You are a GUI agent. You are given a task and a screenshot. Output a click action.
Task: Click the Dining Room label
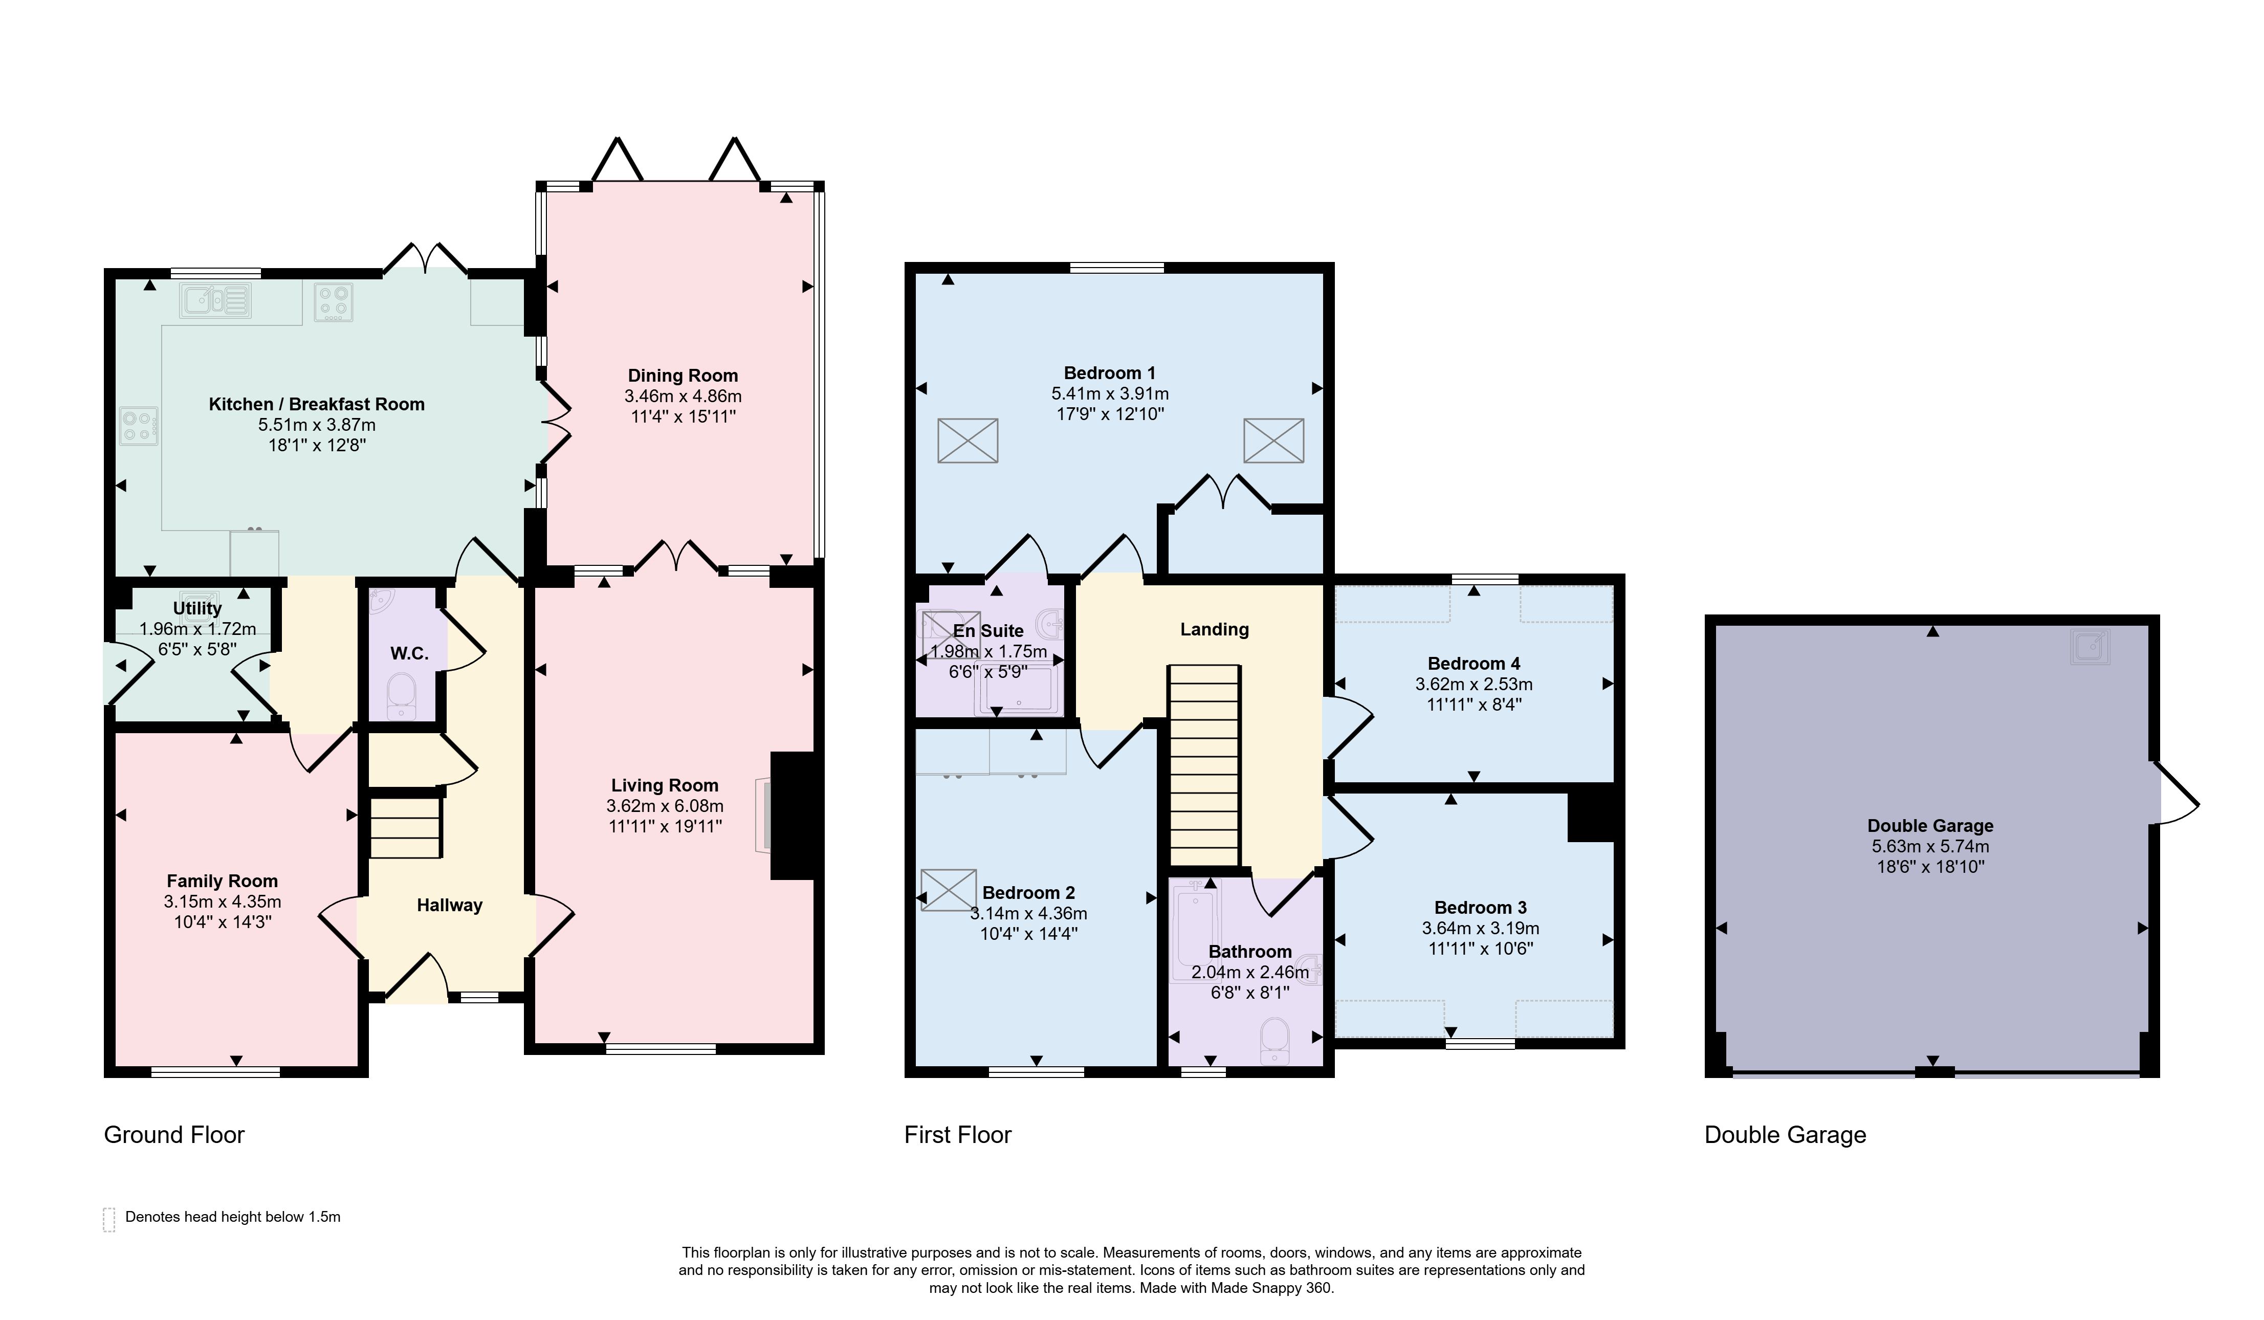[x=683, y=376]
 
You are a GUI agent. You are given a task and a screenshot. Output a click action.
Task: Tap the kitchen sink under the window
[x=215, y=300]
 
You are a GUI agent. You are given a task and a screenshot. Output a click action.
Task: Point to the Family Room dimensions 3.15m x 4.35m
[x=222, y=901]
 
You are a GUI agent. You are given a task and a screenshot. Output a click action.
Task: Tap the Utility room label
[x=197, y=608]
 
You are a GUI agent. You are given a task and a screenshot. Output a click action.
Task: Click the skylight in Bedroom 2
[x=948, y=890]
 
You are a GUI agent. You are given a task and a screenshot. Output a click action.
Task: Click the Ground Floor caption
[x=174, y=1135]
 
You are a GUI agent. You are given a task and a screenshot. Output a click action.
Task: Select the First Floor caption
[x=958, y=1135]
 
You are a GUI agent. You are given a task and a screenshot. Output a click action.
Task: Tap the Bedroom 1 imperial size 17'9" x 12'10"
[x=1110, y=414]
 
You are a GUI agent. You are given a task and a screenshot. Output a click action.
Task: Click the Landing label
[x=1214, y=629]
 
